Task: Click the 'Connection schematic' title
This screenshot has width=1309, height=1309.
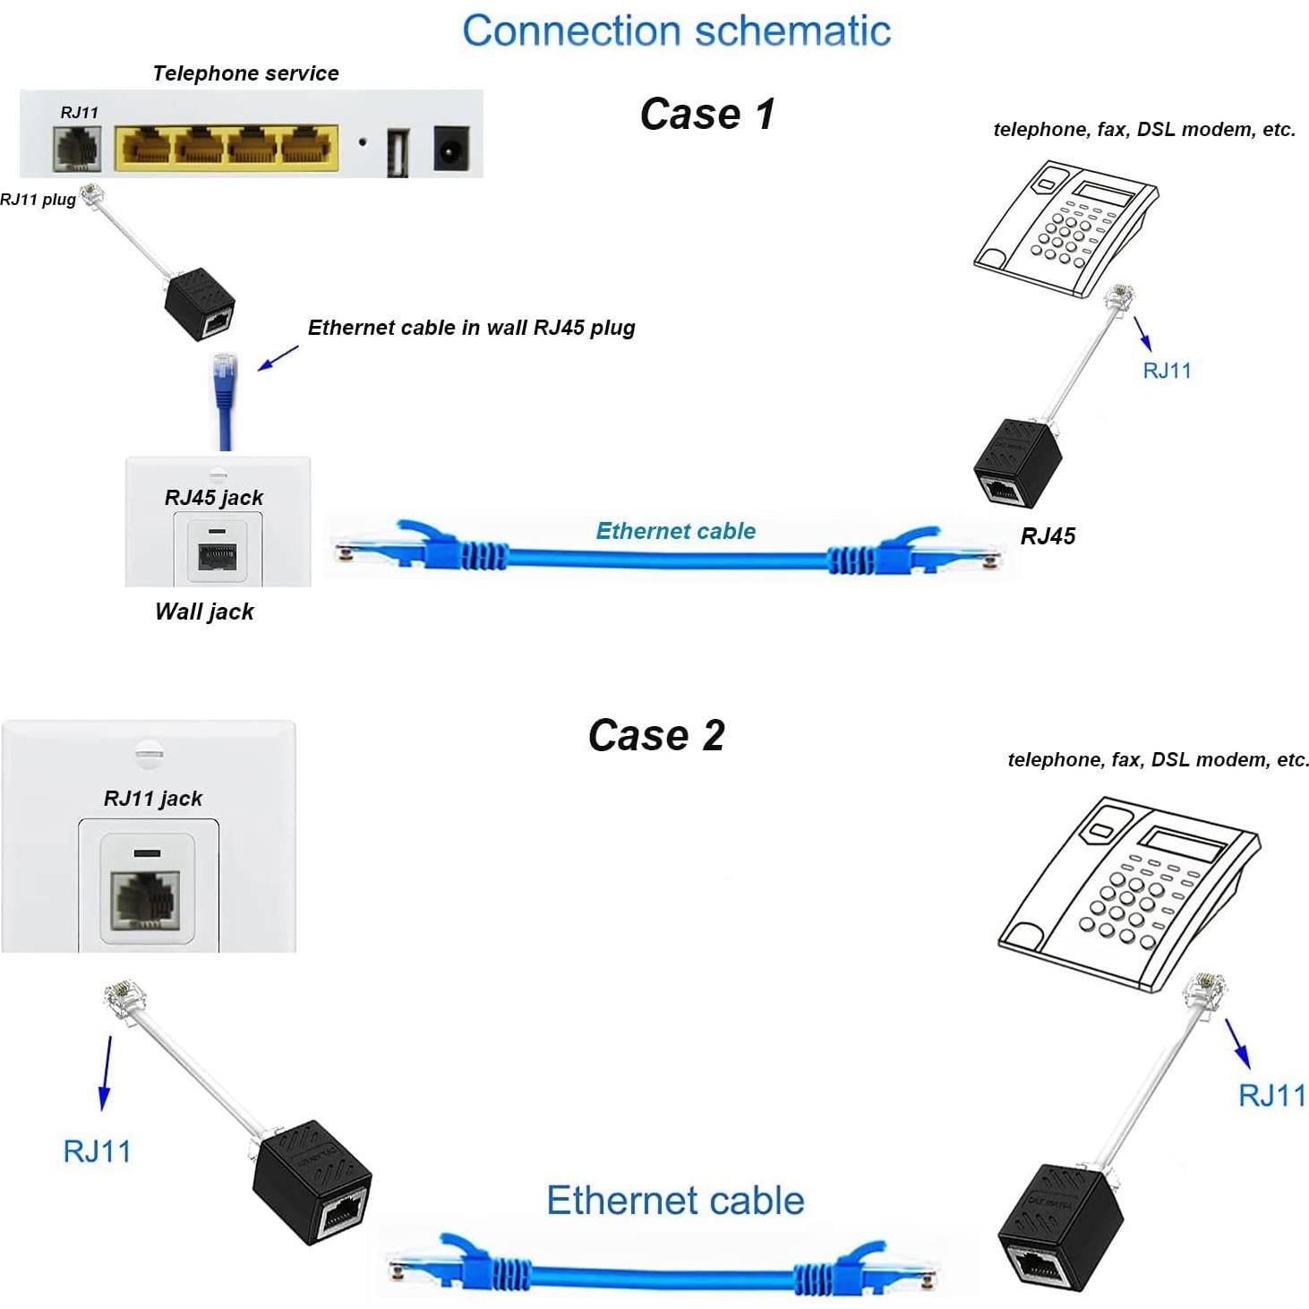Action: click(x=676, y=31)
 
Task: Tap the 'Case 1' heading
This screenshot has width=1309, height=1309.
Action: click(x=707, y=115)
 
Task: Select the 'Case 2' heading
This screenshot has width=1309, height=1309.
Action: click(x=656, y=735)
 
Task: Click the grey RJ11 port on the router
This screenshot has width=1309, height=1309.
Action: click(x=78, y=148)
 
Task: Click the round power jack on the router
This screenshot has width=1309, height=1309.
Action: click(x=450, y=148)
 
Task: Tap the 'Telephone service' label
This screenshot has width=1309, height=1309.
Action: click(x=245, y=73)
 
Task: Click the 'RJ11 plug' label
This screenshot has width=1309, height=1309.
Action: click(x=38, y=200)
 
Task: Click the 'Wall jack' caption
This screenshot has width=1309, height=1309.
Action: click(x=204, y=612)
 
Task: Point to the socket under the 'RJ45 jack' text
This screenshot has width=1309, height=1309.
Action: click(x=217, y=554)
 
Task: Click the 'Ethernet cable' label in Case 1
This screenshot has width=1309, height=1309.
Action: click(x=675, y=531)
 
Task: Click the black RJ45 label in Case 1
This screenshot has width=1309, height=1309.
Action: click(x=1048, y=535)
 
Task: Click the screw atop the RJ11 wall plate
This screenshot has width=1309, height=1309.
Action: click(x=149, y=752)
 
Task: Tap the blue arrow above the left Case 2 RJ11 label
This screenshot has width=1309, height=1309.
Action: click(x=107, y=1073)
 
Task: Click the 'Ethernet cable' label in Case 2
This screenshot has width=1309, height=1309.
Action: click(x=675, y=1201)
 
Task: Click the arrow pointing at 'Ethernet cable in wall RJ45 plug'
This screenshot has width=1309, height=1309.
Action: click(x=278, y=357)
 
